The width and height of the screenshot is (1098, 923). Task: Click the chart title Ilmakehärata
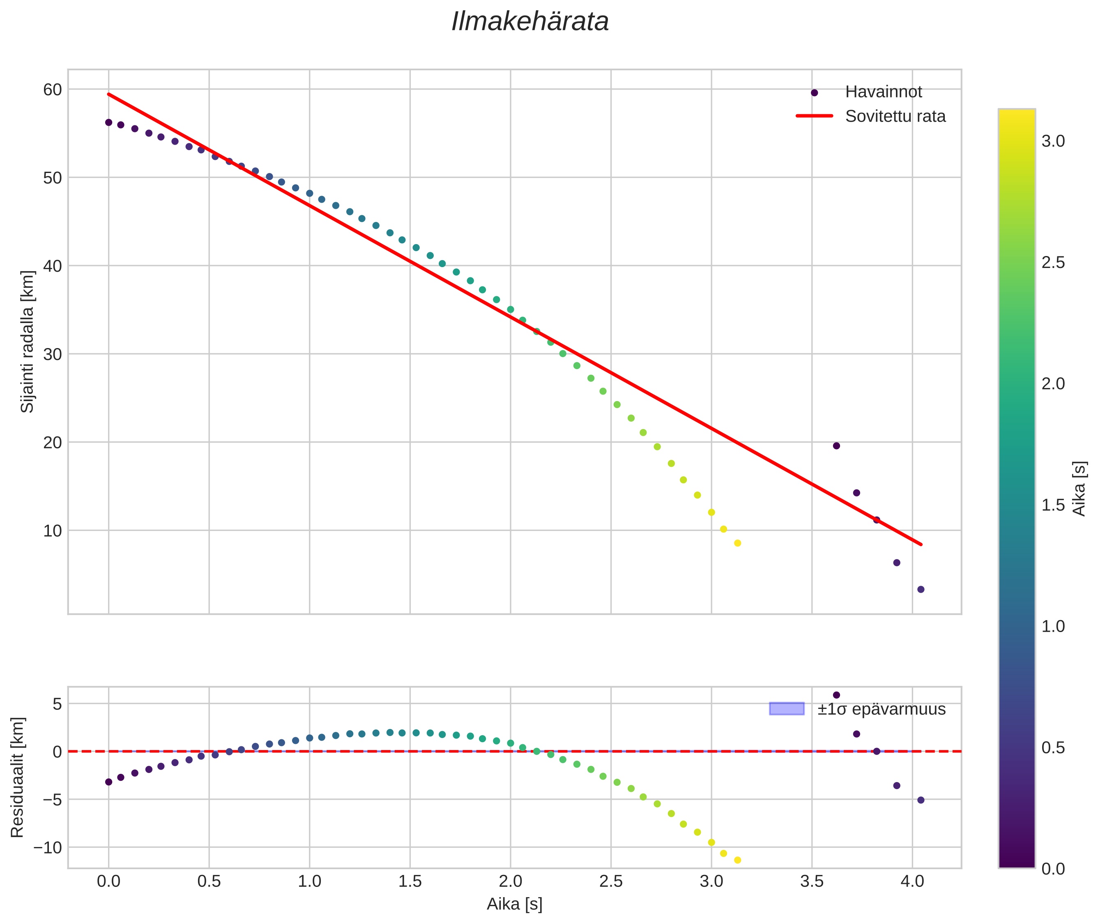pyautogui.click(x=530, y=22)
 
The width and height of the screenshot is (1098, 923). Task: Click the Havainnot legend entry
pyautogui.click(x=883, y=92)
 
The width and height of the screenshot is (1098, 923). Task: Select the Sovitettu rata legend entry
pyautogui.click(x=895, y=116)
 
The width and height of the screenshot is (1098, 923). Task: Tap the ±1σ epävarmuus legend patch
pyautogui.click(x=786, y=709)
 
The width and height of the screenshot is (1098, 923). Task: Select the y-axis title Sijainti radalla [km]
pyautogui.click(x=27, y=341)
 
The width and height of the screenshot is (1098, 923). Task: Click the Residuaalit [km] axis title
pyautogui.click(x=17, y=777)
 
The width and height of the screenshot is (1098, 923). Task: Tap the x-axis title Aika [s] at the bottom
pyautogui.click(x=514, y=904)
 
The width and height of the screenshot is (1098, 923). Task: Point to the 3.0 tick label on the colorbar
pyautogui.click(x=1053, y=141)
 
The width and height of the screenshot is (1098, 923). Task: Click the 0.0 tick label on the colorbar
pyautogui.click(x=1053, y=869)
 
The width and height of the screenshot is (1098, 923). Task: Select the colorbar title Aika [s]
pyautogui.click(x=1079, y=488)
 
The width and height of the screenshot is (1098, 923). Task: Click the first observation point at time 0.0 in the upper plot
pyautogui.click(x=109, y=122)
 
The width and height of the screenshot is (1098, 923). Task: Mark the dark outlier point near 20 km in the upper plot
pyautogui.click(x=836, y=446)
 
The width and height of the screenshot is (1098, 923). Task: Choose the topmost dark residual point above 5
pyautogui.click(x=836, y=695)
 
